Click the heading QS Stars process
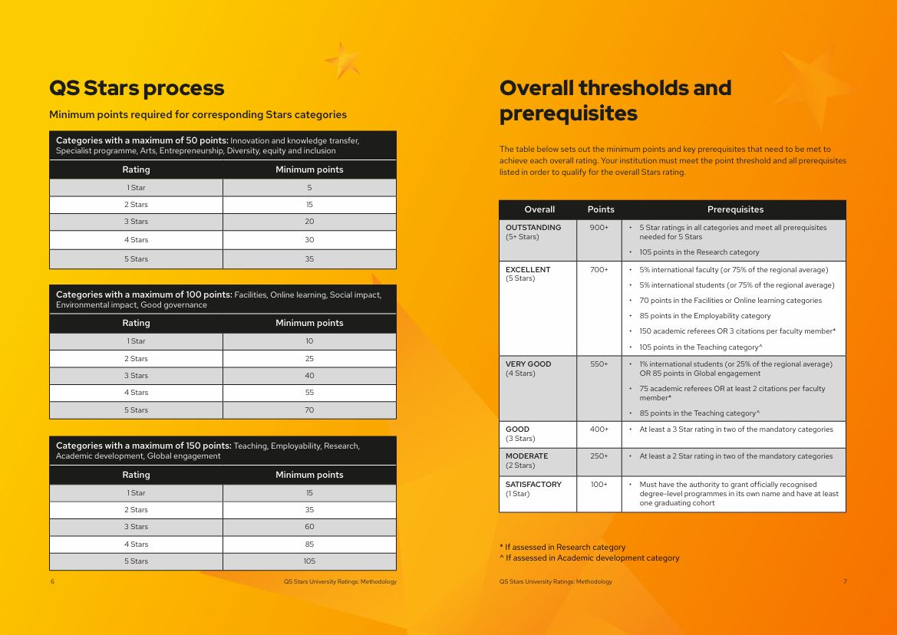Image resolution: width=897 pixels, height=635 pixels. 137,88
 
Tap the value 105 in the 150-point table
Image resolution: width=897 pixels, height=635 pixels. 309,561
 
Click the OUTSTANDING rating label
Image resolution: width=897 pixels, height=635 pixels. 533,228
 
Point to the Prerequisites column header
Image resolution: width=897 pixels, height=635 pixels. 735,210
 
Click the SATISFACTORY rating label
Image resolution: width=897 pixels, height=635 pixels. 533,485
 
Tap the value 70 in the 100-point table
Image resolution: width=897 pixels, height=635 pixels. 309,410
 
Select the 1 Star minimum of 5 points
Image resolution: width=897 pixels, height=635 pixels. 309,187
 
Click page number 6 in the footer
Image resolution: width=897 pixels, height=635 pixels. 52,582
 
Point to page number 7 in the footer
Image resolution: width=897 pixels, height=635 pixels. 845,582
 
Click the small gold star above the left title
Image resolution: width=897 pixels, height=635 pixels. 343,60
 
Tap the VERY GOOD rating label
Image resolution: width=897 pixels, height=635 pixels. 528,364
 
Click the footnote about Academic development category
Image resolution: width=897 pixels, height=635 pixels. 589,558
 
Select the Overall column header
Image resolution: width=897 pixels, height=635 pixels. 539,210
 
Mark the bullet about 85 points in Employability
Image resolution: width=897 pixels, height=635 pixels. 704,316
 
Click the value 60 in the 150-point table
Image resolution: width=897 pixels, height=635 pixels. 309,527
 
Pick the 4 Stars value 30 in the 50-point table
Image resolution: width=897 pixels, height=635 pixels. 309,240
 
